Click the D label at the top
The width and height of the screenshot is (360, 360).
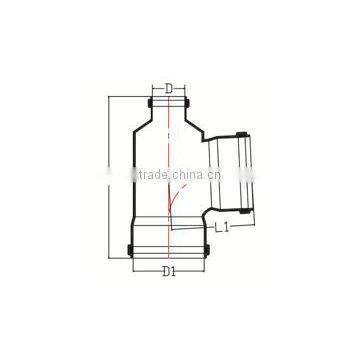click(x=169, y=88)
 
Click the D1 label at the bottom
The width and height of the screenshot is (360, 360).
click(x=171, y=272)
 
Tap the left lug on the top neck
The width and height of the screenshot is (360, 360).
click(x=148, y=103)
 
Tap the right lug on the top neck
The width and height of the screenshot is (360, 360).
click(x=191, y=103)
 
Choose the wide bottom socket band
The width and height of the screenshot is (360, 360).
click(x=169, y=237)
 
